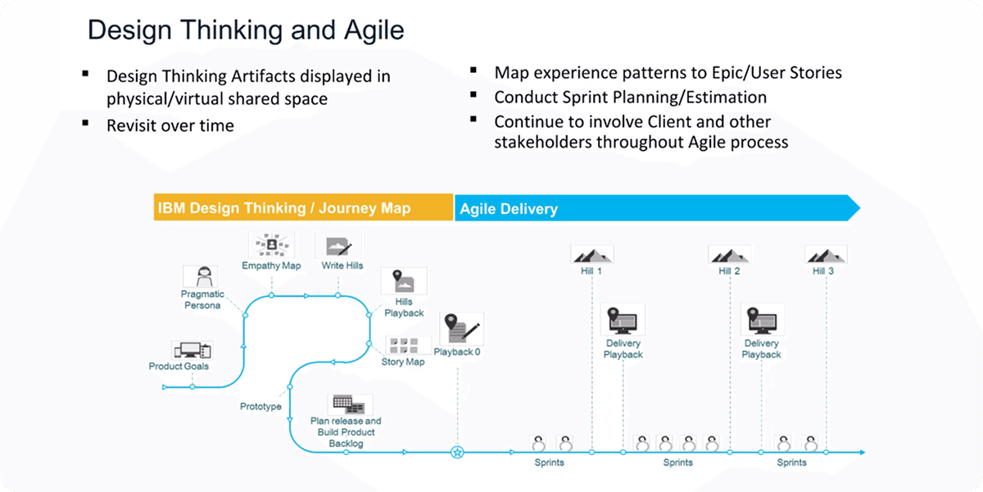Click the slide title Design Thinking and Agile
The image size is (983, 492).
[x=246, y=30]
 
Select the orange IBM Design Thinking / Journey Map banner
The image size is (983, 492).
[x=303, y=207]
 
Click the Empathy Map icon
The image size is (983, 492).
[x=271, y=244]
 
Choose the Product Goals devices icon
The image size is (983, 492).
[x=192, y=350]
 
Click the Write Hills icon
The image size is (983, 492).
[x=338, y=245]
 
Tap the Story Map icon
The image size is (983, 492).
[x=403, y=344]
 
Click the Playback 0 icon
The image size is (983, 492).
[x=461, y=328]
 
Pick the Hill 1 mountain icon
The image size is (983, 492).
[x=591, y=254]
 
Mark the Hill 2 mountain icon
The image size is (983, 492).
[x=729, y=254]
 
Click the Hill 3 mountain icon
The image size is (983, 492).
[x=825, y=254]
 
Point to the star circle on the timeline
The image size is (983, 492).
[x=458, y=452]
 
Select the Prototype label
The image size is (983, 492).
[x=260, y=407]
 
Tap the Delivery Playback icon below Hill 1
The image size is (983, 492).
[x=623, y=320]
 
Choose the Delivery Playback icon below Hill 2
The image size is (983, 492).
[x=762, y=320]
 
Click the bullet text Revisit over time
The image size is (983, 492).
[x=170, y=125]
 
